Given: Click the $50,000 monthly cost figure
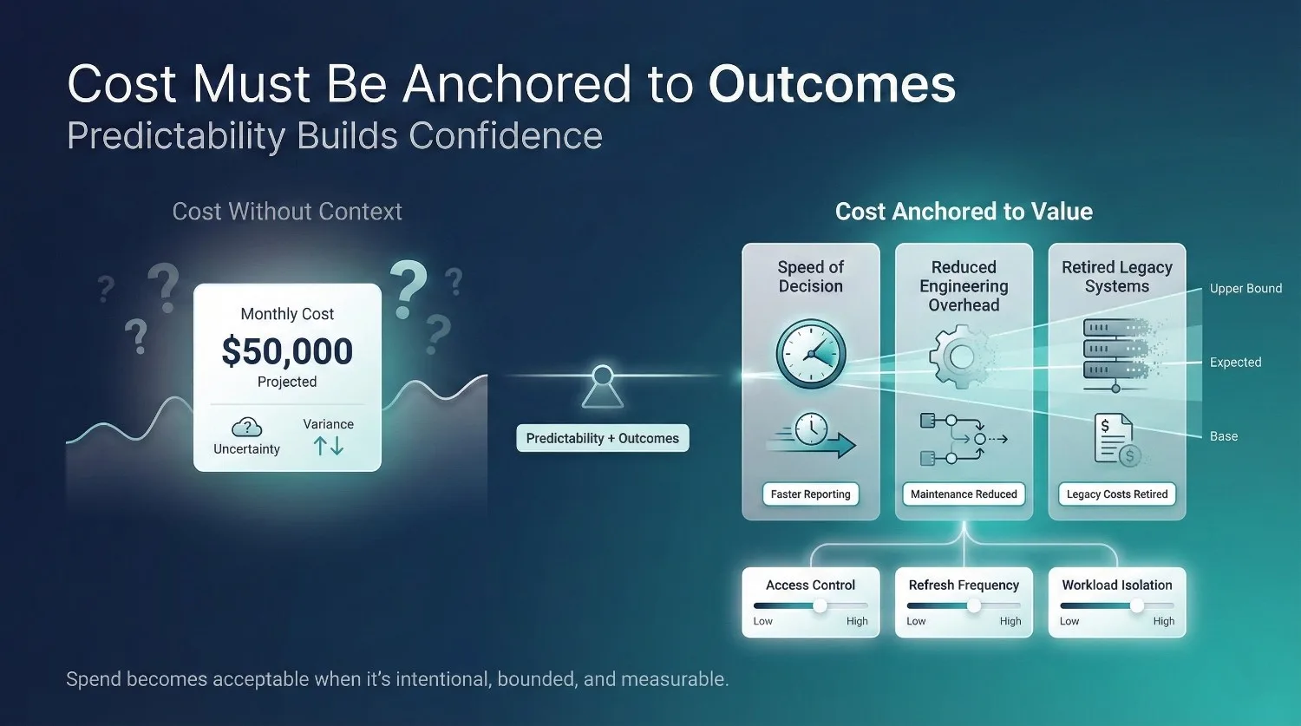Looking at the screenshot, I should (x=287, y=351).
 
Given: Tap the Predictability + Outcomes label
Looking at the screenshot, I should (x=602, y=438).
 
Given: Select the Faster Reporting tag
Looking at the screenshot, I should (x=810, y=494).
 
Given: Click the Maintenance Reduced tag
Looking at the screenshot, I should (x=964, y=494).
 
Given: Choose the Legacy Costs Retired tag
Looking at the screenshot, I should (x=1117, y=494).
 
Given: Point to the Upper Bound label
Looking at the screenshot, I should (x=1245, y=289).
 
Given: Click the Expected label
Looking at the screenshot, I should (x=1235, y=363).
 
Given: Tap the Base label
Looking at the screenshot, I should (x=1224, y=436).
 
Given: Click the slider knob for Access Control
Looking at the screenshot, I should (x=820, y=606).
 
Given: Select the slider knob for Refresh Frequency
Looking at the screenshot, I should (x=974, y=606).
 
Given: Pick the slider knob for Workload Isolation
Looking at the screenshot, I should (x=1136, y=606).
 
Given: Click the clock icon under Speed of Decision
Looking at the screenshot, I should (x=810, y=354).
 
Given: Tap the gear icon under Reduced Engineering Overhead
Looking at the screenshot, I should (x=959, y=356).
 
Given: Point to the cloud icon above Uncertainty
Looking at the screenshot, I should (x=247, y=427).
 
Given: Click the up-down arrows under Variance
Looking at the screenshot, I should (x=329, y=446).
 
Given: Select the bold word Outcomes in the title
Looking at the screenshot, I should (x=832, y=85).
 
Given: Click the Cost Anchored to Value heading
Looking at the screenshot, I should (x=964, y=212).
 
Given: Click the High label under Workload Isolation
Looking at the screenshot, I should (x=1163, y=621).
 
